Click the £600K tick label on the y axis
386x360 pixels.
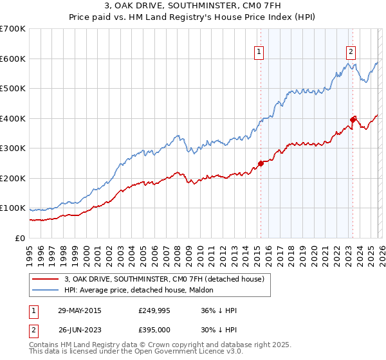pyautogui.click(x=13, y=59)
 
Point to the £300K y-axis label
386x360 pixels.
pyautogui.click(x=13, y=148)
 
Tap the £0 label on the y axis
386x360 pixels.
pyautogui.click(x=19, y=239)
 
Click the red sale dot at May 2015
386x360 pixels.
pyautogui.click(x=261, y=163)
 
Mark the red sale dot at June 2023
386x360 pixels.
pyautogui.click(x=353, y=120)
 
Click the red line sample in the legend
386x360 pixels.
pyautogui.click(x=46, y=279)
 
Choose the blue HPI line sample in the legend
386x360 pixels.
pyautogui.click(x=46, y=291)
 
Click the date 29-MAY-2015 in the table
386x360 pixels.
pyautogui.click(x=80, y=310)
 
